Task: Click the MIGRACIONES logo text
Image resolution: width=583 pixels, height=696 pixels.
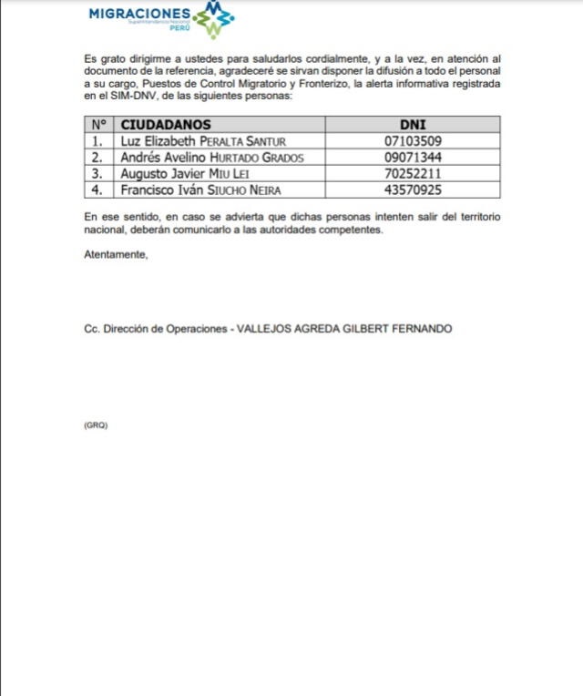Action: coord(140,14)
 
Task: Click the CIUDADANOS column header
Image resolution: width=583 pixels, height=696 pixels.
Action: coord(166,125)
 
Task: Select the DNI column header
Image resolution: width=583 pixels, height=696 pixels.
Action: coord(413,125)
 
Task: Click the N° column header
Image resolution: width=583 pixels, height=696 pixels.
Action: coord(97,125)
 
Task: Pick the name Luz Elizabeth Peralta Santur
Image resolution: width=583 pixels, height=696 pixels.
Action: coord(197,141)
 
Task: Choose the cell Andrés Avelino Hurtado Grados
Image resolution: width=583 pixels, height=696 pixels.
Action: coord(210,158)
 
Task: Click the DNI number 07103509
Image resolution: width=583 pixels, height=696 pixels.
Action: coord(413,141)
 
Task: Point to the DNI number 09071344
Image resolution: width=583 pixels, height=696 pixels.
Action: coord(413,158)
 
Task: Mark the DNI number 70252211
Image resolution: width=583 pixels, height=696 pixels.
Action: coord(413,174)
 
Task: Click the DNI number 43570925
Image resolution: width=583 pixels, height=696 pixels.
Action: coord(413,190)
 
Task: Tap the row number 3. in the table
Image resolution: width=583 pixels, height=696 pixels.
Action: coord(97,174)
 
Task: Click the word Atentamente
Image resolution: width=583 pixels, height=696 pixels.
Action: coord(115,254)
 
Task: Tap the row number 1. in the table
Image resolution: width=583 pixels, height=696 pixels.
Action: coord(97,141)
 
